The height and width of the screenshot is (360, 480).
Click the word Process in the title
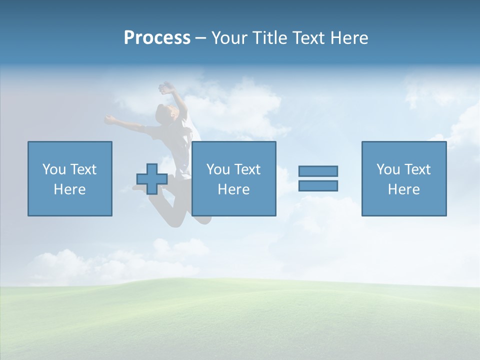pos(157,38)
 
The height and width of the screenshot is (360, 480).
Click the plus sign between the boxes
pos(152,178)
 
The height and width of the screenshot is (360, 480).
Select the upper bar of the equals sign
pos(318,171)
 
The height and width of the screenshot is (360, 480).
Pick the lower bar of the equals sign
pos(318,185)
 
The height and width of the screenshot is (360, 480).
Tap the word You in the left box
pos(53,169)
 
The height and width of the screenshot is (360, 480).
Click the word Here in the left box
pos(69,189)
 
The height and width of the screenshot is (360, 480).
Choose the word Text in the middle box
pos(247,169)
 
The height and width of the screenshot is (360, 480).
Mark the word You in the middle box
pos(217,169)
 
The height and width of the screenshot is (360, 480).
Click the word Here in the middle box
pos(233,189)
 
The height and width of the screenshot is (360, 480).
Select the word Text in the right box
pos(417,169)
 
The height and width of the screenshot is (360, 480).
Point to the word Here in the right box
pos(403,189)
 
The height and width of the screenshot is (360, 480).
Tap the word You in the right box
pos(387,169)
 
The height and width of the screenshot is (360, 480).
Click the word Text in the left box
pos(83,169)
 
